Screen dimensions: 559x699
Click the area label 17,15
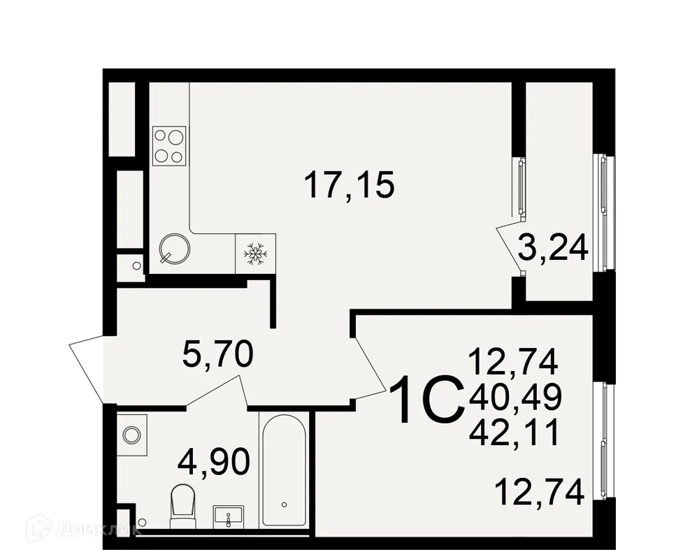pyautogui.click(x=349, y=186)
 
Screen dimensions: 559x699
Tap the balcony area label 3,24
pyautogui.click(x=552, y=247)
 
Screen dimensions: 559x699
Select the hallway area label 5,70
pyautogui.click(x=217, y=356)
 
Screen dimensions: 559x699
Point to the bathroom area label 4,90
pyautogui.click(x=213, y=462)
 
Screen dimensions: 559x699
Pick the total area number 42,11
pyautogui.click(x=515, y=433)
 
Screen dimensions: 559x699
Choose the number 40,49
pyautogui.click(x=515, y=398)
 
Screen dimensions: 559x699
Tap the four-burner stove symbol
pyautogui.click(x=169, y=145)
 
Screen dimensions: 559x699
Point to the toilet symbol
pyautogui.click(x=184, y=505)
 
